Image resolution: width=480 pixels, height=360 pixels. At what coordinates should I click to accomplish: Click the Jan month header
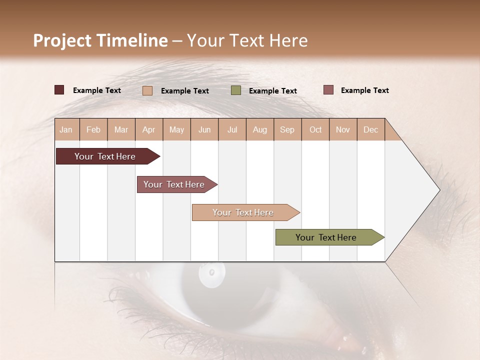66,129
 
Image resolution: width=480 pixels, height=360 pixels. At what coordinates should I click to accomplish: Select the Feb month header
93,129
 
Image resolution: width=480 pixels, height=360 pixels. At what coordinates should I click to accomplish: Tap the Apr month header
149,129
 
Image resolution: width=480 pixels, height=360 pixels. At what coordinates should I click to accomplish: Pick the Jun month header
204,129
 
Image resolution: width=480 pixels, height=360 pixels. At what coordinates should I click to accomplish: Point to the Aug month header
260,129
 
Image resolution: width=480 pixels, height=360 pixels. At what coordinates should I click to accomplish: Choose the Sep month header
287,129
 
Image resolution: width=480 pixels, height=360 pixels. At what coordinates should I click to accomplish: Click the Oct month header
315,129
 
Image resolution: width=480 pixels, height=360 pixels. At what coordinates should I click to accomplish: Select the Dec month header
371,129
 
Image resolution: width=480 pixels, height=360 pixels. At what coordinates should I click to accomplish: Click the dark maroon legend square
59,90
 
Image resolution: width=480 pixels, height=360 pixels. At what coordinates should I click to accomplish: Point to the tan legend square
147,90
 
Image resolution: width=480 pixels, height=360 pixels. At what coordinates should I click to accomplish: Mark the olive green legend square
236,90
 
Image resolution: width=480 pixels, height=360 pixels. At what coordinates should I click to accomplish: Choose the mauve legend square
328,90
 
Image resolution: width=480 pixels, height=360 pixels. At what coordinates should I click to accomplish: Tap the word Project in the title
62,40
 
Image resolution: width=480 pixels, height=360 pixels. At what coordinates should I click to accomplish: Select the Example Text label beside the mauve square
364,90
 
